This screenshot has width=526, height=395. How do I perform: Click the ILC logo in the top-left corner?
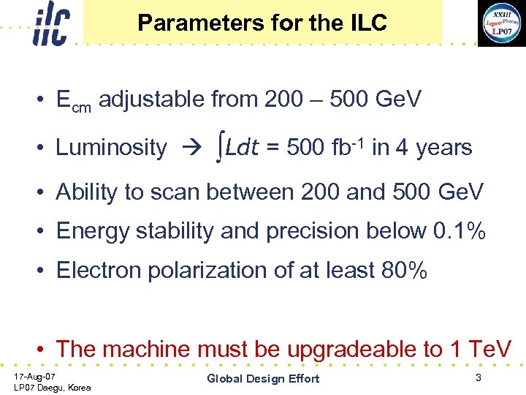[50, 25]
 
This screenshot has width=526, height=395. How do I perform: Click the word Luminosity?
[111, 148]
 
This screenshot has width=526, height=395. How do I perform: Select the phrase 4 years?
[434, 148]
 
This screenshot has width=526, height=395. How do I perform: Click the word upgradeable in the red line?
[350, 350]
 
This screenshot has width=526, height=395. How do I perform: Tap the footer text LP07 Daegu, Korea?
[53, 387]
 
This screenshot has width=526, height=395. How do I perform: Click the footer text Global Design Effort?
[263, 378]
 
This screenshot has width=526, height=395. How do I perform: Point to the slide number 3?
[478, 377]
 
